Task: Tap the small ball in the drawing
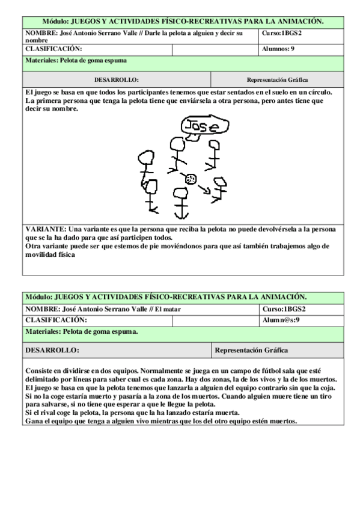click(191, 178)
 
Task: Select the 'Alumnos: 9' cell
click(280, 49)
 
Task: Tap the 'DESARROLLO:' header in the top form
click(117, 79)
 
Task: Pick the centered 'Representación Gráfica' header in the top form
click(277, 79)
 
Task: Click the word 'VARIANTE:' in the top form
click(46, 229)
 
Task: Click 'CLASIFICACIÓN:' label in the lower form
click(56, 320)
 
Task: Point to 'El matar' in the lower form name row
click(168, 309)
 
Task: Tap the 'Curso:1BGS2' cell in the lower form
click(283, 309)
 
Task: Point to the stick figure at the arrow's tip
click(221, 188)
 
